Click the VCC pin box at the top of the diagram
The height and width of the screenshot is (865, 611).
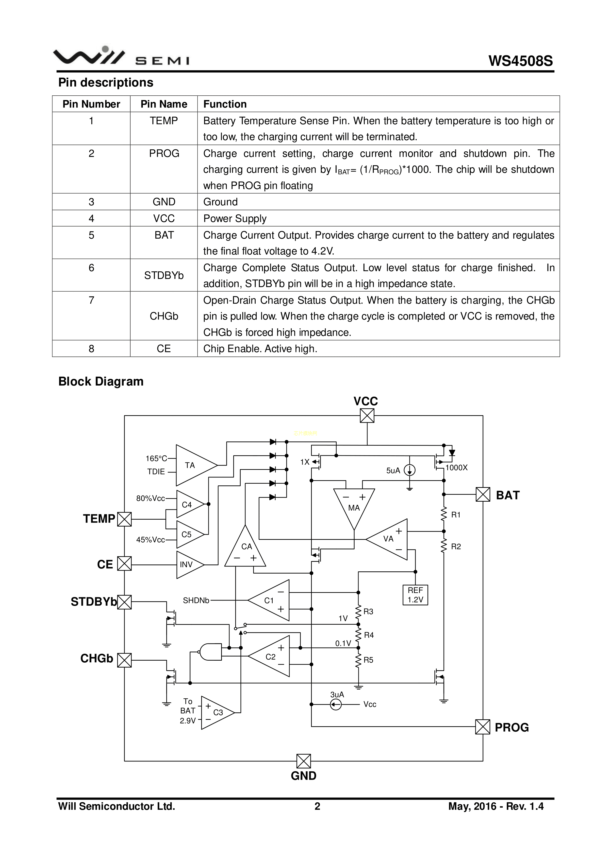(367, 416)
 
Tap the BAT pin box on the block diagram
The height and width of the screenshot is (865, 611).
(483, 494)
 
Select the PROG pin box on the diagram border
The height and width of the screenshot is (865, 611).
(483, 727)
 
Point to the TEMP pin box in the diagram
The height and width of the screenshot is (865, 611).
(124, 519)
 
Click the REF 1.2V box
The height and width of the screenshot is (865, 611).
(415, 595)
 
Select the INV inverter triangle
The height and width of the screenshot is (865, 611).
(188, 564)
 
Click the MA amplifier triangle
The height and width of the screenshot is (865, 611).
(354, 505)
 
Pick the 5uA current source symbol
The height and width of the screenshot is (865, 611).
(410, 470)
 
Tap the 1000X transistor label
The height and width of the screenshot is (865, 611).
(456, 468)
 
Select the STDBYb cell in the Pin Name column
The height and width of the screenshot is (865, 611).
(164, 275)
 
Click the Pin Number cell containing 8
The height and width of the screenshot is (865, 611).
(91, 349)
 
